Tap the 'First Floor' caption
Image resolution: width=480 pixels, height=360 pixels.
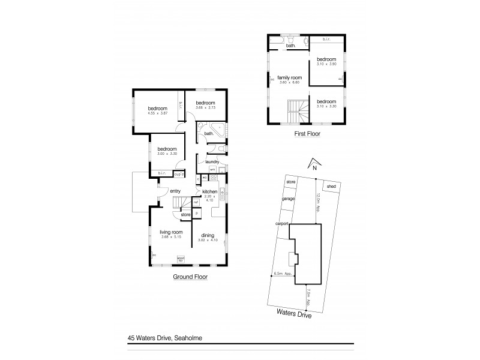coord(307,134)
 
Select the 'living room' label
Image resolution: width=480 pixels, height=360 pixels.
coord(170,232)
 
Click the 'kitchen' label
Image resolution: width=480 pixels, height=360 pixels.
coord(209,191)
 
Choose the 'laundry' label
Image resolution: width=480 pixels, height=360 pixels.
coord(211,162)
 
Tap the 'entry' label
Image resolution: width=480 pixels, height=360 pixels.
coord(175,191)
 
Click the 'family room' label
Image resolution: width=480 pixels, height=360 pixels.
coord(288,77)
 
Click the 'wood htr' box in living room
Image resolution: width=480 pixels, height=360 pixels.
coord(181,259)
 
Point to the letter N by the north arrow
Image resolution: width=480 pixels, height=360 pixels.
coord(314,168)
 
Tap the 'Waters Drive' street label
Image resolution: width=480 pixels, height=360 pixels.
coord(293,312)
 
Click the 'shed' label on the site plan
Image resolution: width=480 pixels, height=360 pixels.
coord(331,187)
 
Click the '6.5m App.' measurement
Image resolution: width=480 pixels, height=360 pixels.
coord(283,274)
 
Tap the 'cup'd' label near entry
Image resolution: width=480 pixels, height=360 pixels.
coord(178,174)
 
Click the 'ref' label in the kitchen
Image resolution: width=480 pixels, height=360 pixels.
coord(196,203)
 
